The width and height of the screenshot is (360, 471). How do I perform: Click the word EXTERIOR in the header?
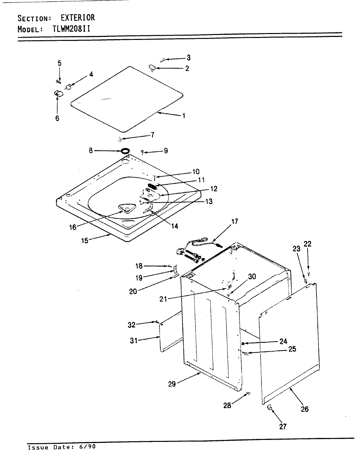pos(78,17)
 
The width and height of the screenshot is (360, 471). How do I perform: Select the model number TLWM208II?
pos(71,29)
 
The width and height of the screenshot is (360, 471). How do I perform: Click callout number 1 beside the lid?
pos(184,115)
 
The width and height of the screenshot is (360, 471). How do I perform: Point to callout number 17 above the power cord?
pos(234,221)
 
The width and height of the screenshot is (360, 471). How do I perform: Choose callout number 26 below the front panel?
pos(304,409)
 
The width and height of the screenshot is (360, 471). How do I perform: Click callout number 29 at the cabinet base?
pos(172,384)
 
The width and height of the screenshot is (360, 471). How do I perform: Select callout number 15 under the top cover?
pos(85,241)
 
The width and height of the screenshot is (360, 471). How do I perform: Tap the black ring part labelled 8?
pos(124,151)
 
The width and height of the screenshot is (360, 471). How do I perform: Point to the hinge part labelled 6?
pos(58,94)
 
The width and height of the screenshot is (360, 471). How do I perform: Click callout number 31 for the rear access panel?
pos(133,340)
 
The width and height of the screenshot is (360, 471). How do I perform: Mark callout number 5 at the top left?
pos(59,63)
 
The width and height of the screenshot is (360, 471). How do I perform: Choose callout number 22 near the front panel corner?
pos(308,244)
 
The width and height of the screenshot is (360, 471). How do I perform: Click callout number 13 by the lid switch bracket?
pos(208,201)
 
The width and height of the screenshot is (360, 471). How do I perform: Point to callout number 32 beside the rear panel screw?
pos(131,325)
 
